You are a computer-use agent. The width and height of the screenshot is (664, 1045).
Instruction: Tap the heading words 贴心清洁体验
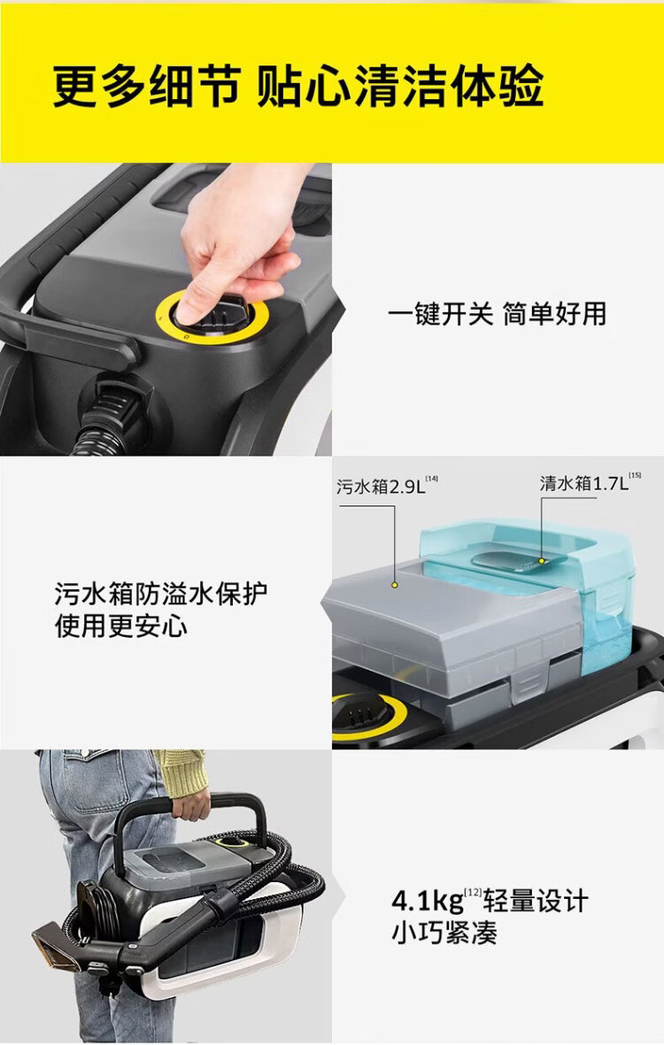point(400,87)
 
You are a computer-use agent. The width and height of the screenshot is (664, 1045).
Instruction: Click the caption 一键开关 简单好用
point(498,314)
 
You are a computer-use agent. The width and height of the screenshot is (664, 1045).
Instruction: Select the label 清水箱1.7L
point(584,483)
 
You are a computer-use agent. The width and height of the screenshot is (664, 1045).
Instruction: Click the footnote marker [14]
point(432,479)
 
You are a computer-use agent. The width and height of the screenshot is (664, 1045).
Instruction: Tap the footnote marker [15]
point(635,475)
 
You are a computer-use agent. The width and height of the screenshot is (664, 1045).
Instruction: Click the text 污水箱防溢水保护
point(161,593)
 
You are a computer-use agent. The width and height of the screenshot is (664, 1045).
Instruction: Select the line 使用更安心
point(120,626)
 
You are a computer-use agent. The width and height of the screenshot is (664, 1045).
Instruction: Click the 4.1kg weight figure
point(428,901)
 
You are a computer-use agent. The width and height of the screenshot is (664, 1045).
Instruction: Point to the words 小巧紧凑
point(444,933)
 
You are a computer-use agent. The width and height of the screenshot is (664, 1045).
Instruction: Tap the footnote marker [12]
point(473,892)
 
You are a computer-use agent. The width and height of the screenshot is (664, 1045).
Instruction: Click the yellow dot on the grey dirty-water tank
point(395,585)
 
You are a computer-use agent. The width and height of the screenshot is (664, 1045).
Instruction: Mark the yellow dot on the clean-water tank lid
point(541,561)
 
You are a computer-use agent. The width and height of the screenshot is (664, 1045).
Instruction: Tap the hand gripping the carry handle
point(190,805)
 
